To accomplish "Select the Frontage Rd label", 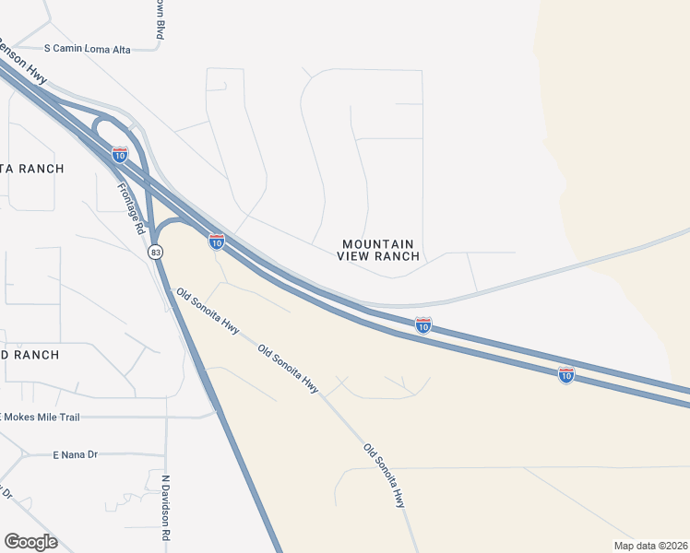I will pyautogui.click(x=132, y=205).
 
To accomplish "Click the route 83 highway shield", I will pyautogui.click(x=156, y=252).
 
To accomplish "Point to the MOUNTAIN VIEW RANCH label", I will pyautogui.click(x=378, y=250).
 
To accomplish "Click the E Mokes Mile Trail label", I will pyautogui.click(x=53, y=418).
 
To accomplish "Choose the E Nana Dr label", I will pyautogui.click(x=75, y=454).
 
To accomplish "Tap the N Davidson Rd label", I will pyautogui.click(x=167, y=507).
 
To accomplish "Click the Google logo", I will pyautogui.click(x=30, y=542).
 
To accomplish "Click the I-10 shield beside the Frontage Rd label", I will pyautogui.click(x=119, y=155).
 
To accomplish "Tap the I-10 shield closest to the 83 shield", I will pyautogui.click(x=217, y=241).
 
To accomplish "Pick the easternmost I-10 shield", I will pyautogui.click(x=566, y=374).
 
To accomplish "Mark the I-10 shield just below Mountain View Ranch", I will pyautogui.click(x=422, y=325).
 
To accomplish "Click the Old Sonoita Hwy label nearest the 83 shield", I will pyautogui.click(x=208, y=314).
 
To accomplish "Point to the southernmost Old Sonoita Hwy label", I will pyautogui.click(x=385, y=476).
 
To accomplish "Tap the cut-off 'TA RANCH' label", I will pyautogui.click(x=32, y=169).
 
